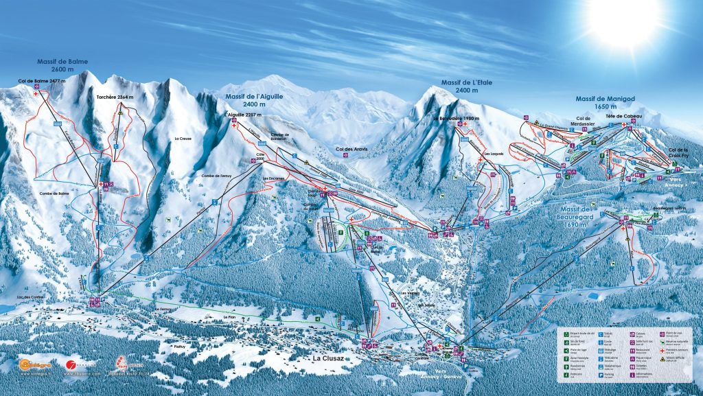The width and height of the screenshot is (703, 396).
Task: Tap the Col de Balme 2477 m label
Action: point(43,81)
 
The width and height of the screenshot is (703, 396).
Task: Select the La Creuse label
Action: point(183,139)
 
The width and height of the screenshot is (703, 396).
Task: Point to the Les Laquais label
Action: point(494,154)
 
